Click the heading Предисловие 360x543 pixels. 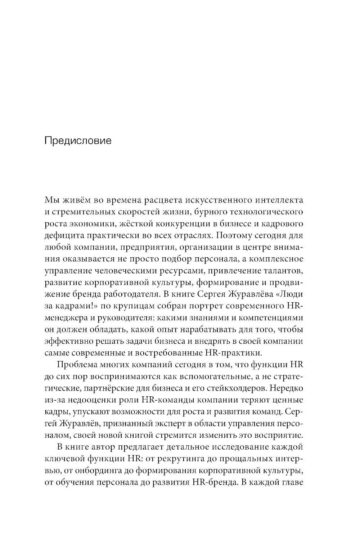(x=78, y=141)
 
